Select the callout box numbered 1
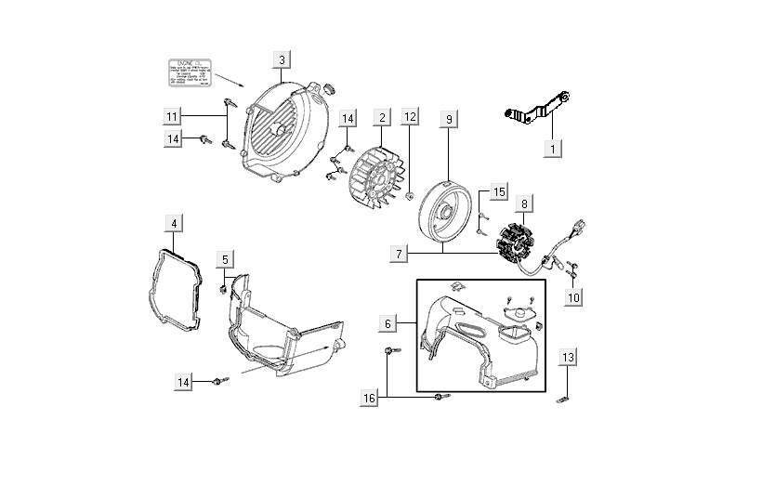(x=551, y=148)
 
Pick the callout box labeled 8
(x=525, y=203)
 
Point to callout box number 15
(x=499, y=192)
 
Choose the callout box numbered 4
(x=175, y=223)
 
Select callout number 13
(x=569, y=358)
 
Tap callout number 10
(x=574, y=297)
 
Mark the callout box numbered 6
(x=388, y=323)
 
